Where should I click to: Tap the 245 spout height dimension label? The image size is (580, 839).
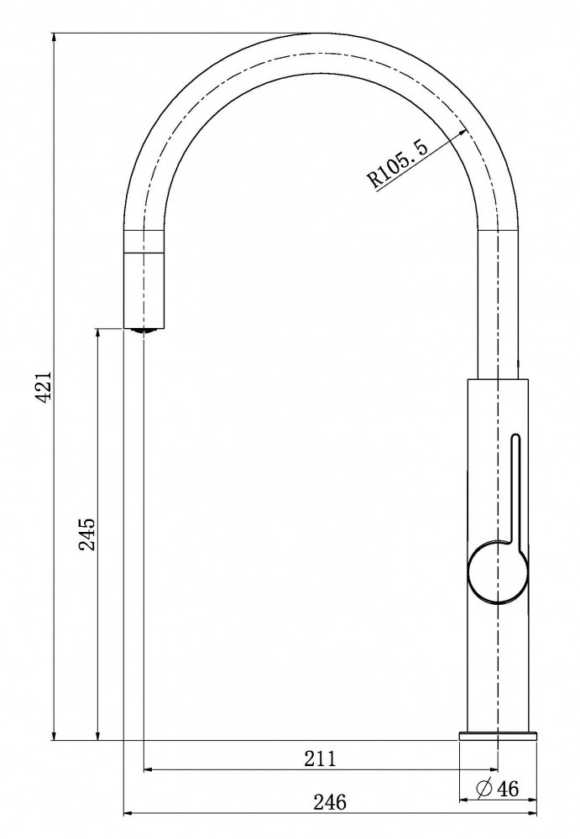click(x=86, y=534)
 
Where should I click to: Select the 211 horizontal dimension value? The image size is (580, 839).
click(x=321, y=758)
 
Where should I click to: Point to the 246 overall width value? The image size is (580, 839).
click(x=330, y=802)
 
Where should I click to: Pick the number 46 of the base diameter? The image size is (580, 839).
click(x=509, y=788)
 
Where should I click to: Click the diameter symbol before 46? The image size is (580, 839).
click(x=484, y=788)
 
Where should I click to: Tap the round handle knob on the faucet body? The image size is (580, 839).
click(x=499, y=572)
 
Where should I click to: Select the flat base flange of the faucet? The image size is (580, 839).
click(x=498, y=736)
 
